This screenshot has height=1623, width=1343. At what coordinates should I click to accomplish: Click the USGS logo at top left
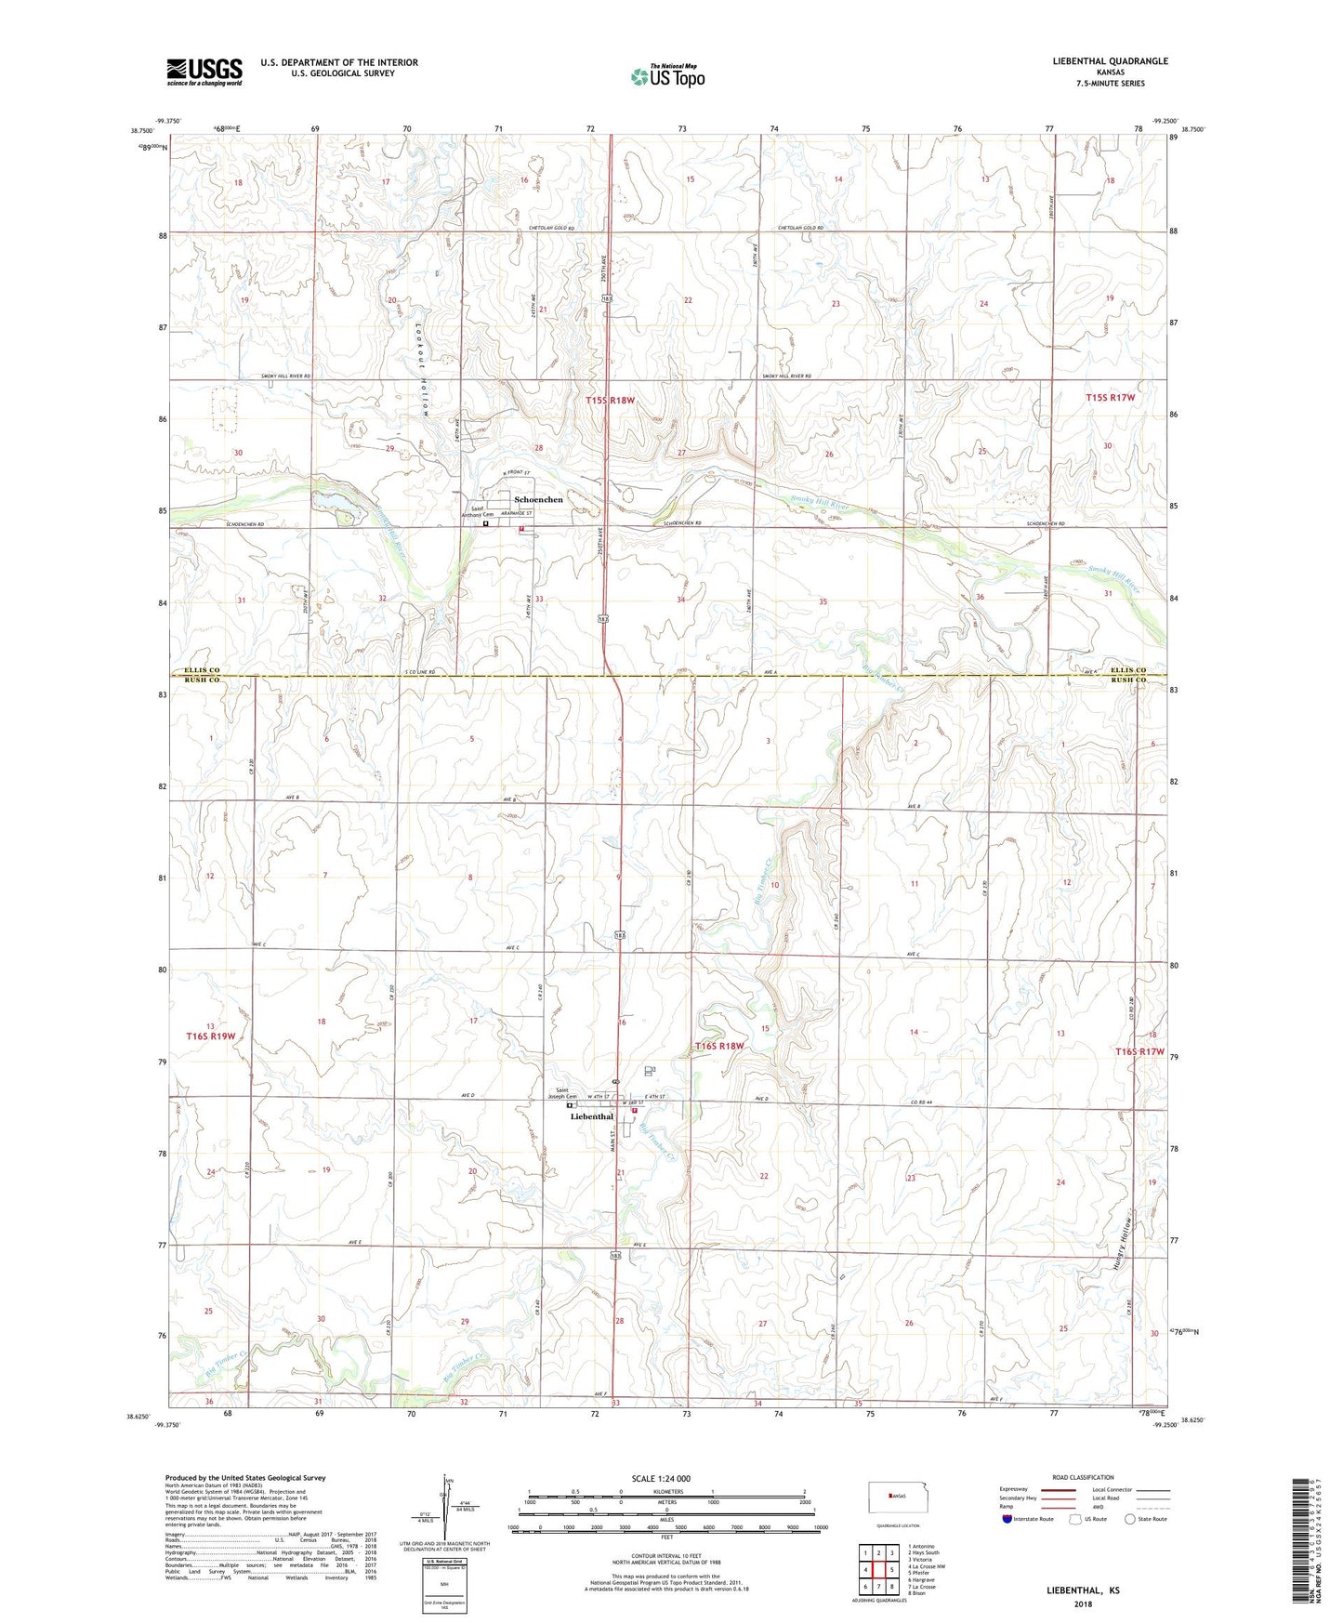click(204, 72)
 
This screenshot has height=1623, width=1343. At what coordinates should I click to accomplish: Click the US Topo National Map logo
click(666, 76)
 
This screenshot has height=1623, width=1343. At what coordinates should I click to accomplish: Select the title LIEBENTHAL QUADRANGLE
click(1097, 61)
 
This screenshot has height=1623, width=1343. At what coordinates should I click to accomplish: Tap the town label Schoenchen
click(538, 500)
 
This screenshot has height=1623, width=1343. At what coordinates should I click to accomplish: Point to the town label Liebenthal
click(591, 1116)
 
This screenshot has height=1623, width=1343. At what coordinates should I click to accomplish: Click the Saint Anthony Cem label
click(481, 511)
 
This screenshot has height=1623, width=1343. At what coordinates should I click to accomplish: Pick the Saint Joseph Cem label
click(574, 1093)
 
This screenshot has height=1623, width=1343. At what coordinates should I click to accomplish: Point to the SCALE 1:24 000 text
click(660, 1478)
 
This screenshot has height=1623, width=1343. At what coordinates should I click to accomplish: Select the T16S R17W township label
click(1139, 1051)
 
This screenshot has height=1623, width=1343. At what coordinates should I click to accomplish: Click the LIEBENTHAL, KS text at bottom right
click(1082, 1590)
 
